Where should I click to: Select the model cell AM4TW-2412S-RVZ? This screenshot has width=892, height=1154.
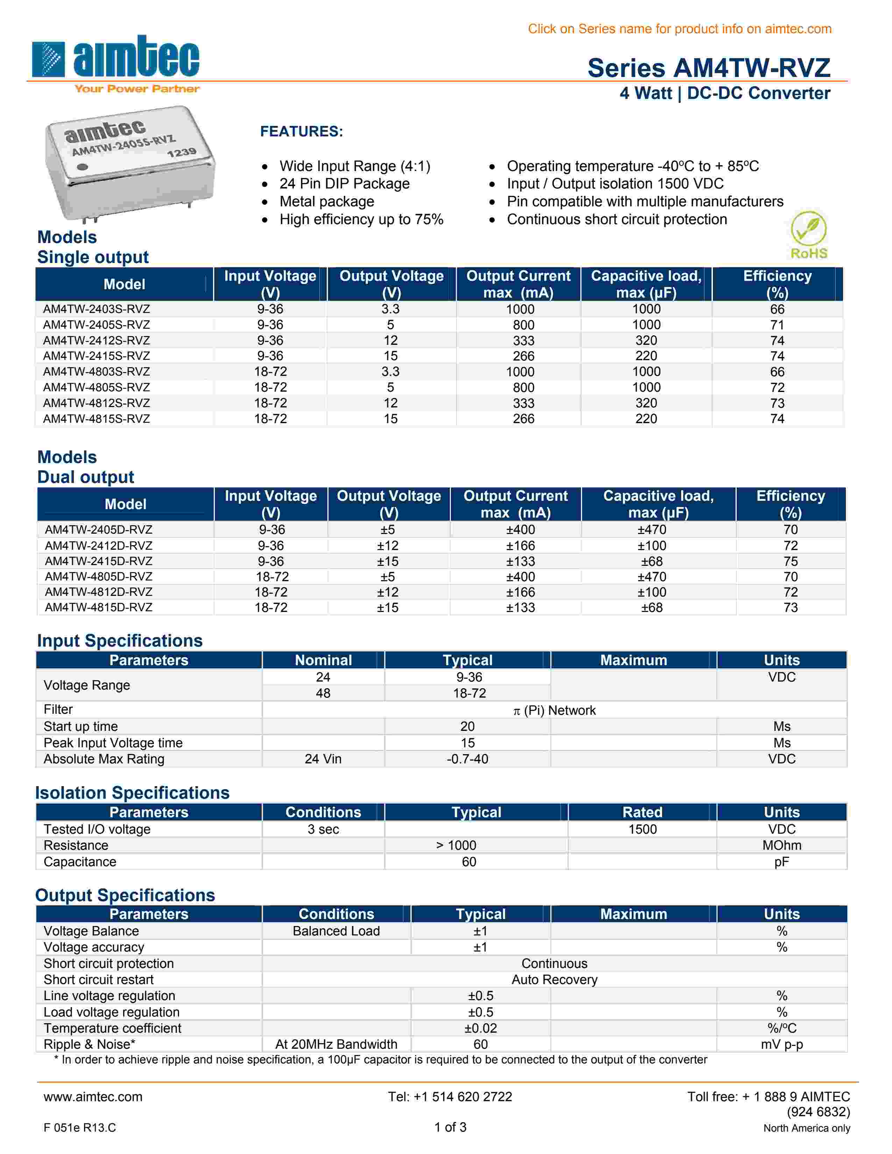[x=96, y=340]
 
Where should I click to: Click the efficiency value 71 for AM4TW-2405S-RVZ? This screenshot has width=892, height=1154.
[x=777, y=325]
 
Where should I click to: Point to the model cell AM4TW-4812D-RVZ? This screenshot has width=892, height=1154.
[x=98, y=592]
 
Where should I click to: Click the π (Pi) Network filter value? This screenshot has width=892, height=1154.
[x=554, y=711]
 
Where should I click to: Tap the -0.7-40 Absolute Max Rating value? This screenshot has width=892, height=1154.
[x=467, y=759]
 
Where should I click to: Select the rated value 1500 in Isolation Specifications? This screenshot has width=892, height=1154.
[x=642, y=829]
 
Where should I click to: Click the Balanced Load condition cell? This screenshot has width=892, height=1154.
[x=336, y=931]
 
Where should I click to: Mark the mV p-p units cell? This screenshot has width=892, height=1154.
[x=781, y=1045]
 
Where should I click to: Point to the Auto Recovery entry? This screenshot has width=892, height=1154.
[x=554, y=980]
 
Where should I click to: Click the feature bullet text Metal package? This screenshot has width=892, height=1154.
[x=327, y=201]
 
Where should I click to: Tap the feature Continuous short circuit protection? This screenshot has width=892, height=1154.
[x=617, y=219]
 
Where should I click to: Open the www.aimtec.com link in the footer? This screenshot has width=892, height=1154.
[x=93, y=1097]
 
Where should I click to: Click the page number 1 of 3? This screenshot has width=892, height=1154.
[x=450, y=1127]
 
